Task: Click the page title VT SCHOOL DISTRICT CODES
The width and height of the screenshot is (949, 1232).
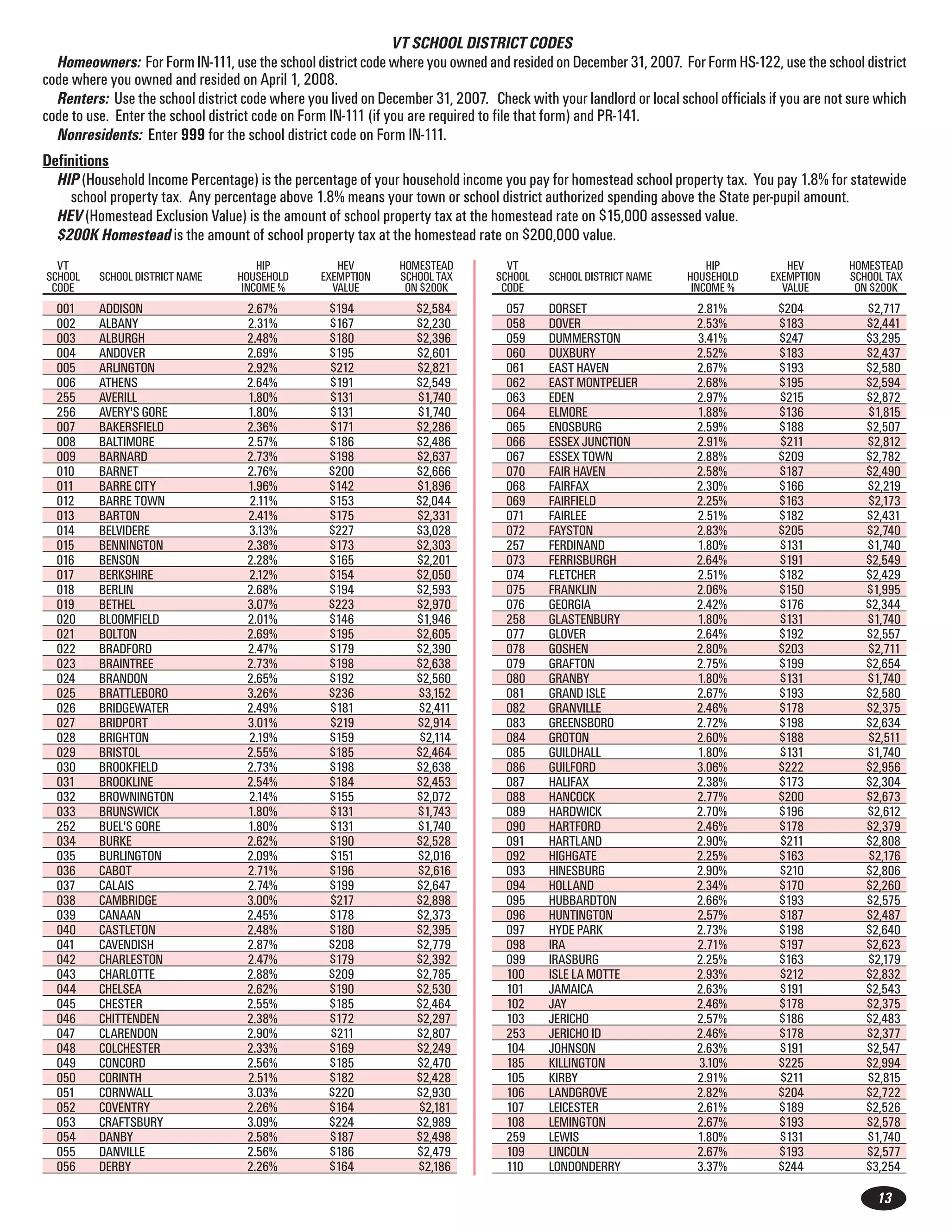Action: coord(482,43)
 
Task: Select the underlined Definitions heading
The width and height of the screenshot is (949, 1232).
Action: coord(76,161)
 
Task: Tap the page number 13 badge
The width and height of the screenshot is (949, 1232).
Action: coord(884,1198)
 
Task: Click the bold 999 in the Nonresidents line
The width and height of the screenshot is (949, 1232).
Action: coord(192,135)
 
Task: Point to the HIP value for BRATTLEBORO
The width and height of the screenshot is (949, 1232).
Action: coord(262,693)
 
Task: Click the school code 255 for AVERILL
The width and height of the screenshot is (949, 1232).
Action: coord(65,397)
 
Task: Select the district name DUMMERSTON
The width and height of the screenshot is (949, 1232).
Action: coord(584,338)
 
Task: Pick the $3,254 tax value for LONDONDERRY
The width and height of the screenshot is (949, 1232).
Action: coord(883,1167)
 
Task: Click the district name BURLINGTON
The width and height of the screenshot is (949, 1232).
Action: coord(130,856)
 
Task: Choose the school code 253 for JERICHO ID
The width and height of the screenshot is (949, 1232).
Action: coord(515,1033)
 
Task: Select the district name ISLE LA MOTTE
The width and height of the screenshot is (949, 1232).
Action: coord(584,974)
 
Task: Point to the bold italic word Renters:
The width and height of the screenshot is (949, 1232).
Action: coord(83,99)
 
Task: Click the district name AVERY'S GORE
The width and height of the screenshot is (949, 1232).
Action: coord(133,412)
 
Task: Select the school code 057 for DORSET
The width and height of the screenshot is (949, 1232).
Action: coord(515,309)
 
